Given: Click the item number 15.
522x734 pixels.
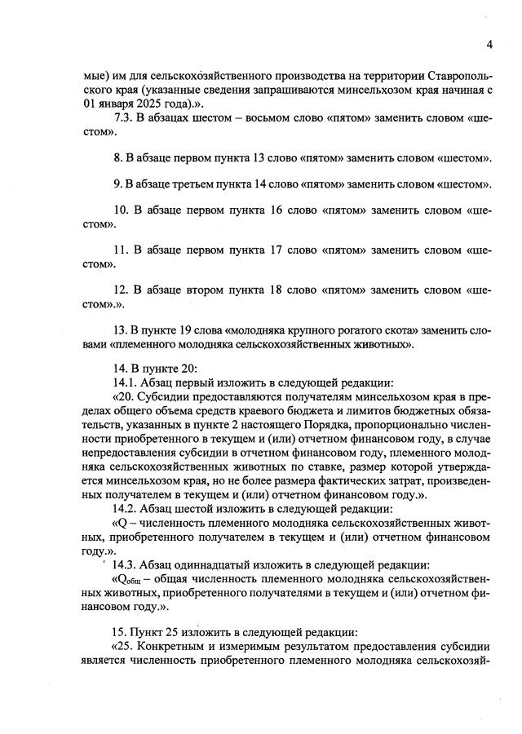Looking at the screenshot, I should pos(122,631).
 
